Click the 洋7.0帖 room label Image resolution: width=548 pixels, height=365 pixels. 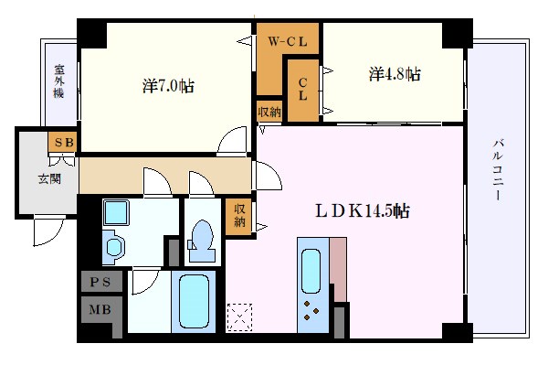[x=168, y=87]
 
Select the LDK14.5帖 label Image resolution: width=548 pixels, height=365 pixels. [x=362, y=210]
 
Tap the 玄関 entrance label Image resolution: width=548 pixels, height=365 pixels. [x=48, y=179]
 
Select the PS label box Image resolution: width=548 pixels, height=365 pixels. [x=102, y=282]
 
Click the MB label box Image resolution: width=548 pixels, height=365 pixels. [x=102, y=310]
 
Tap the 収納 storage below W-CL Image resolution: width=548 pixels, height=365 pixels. [x=269, y=112]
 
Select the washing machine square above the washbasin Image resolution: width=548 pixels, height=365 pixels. [x=117, y=214]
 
